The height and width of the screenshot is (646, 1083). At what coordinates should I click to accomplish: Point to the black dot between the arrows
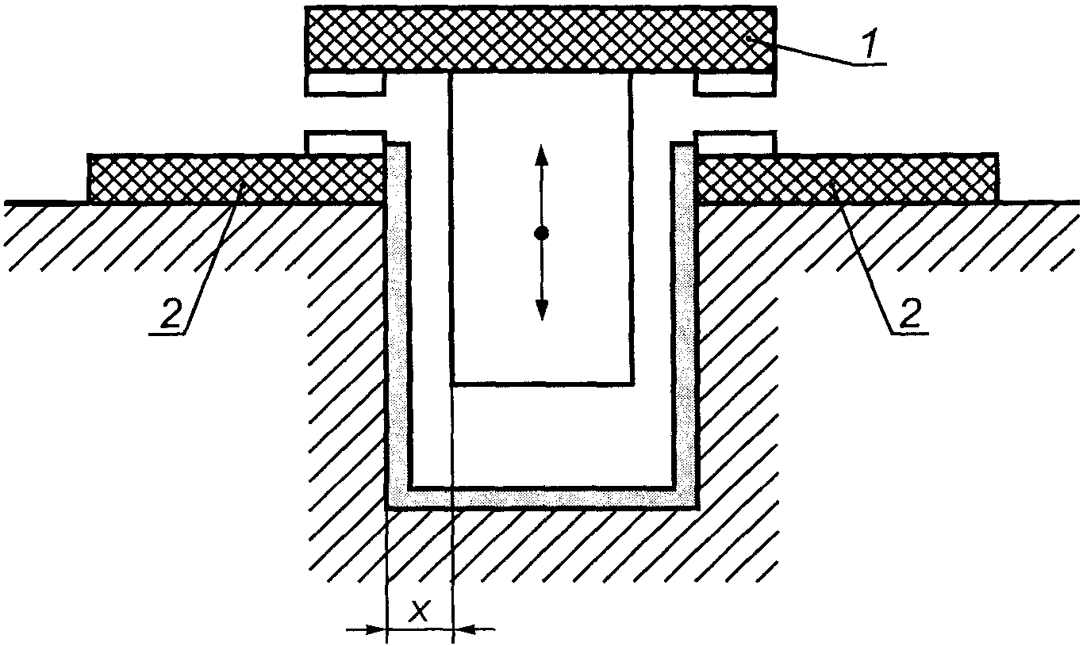[x=542, y=233]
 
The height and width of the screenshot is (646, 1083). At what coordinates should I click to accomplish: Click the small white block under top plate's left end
[x=345, y=83]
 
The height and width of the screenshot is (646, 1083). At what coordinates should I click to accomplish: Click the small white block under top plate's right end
[x=734, y=83]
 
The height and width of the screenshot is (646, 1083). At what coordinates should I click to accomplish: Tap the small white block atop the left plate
[x=345, y=143]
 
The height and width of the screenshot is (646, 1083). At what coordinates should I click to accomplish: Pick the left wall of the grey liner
[x=396, y=333]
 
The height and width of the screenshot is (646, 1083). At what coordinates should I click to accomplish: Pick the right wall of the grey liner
[x=687, y=333]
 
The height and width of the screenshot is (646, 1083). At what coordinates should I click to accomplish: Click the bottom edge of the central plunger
[x=542, y=384]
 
